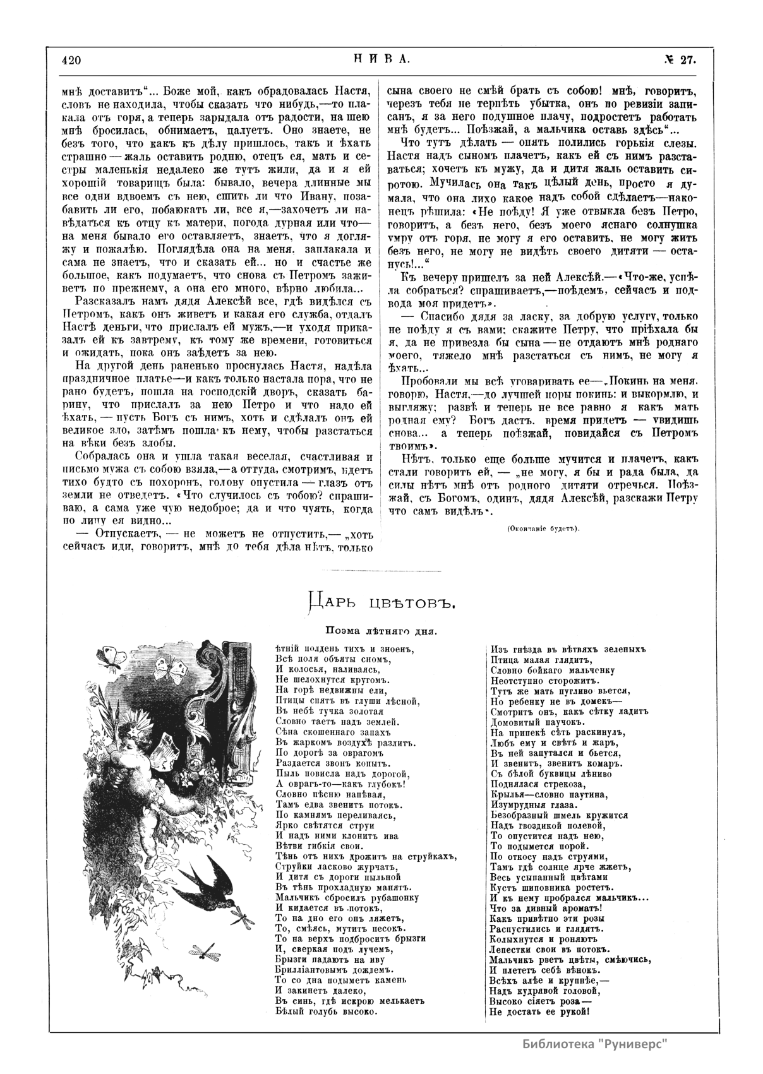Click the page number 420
coord(72,61)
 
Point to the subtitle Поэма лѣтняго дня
coord(381,630)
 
